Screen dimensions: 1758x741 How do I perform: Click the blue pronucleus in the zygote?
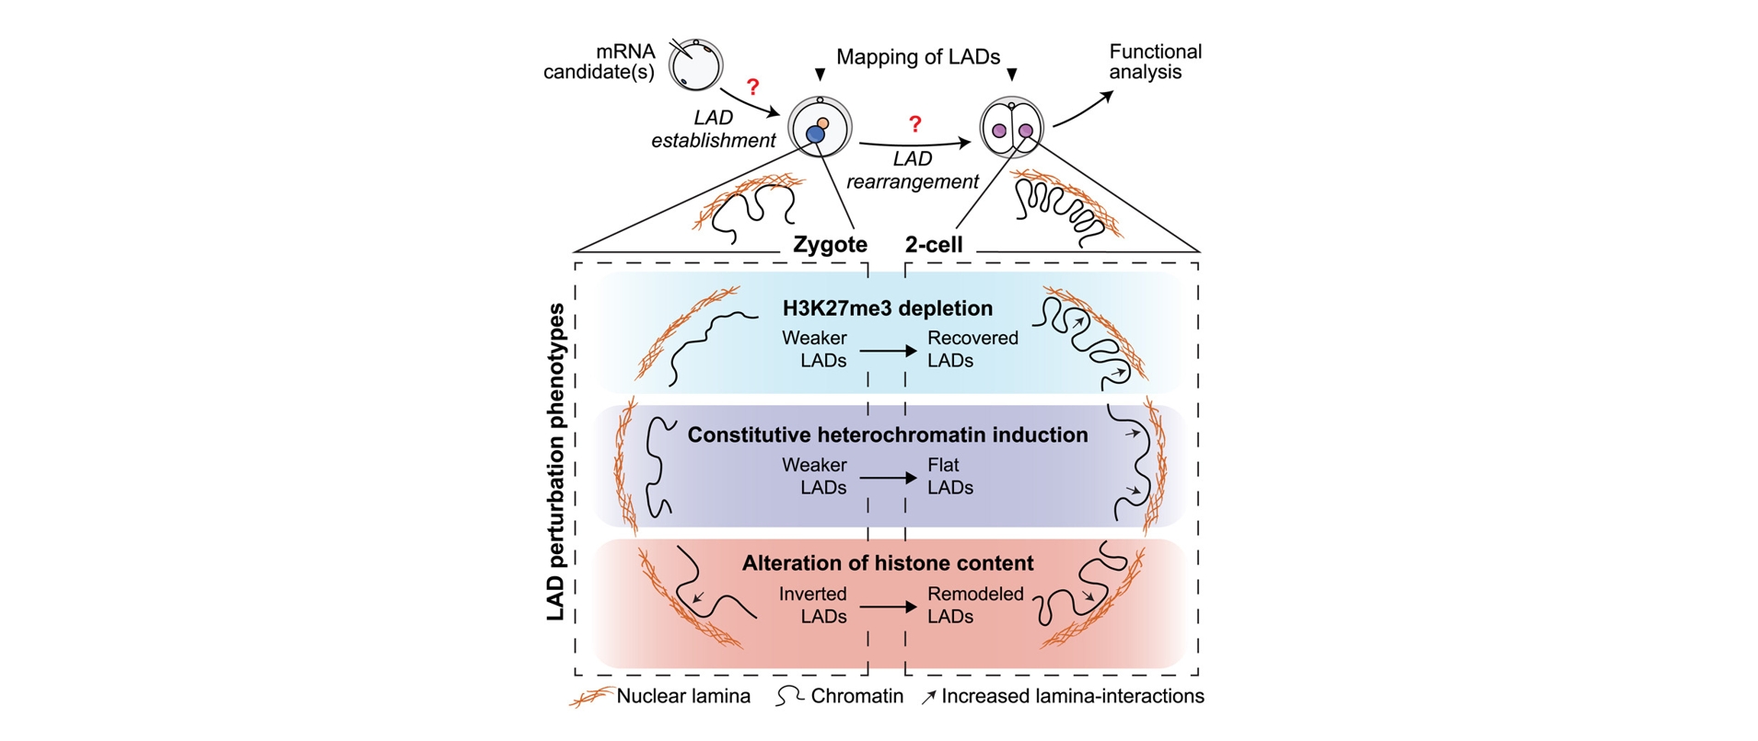click(x=815, y=134)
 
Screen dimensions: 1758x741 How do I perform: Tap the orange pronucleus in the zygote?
click(x=823, y=122)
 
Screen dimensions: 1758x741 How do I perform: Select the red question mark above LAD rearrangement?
click(x=914, y=123)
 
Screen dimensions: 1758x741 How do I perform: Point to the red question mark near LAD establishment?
click(x=752, y=87)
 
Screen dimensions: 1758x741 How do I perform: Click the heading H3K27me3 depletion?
click(x=888, y=308)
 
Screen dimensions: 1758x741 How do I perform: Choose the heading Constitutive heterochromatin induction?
click(x=888, y=434)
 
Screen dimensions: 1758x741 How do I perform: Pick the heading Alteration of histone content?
click(x=888, y=562)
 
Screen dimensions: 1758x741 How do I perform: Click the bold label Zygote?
click(x=830, y=245)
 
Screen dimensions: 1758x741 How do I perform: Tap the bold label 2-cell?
click(x=934, y=245)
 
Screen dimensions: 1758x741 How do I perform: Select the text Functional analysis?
click(x=1155, y=62)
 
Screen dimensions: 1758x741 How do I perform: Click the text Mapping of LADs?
click(x=918, y=57)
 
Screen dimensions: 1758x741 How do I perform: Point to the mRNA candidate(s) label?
click(x=600, y=62)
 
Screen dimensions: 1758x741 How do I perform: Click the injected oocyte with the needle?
click(x=695, y=65)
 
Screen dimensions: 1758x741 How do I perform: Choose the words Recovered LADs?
click(x=972, y=349)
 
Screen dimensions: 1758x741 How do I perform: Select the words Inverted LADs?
click(x=813, y=605)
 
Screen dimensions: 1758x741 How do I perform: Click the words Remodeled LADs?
click(x=975, y=605)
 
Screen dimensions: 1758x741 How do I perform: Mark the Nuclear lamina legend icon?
click(x=591, y=697)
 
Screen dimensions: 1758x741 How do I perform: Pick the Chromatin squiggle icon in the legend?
click(x=789, y=697)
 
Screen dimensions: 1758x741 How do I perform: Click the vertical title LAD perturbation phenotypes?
click(x=555, y=462)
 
